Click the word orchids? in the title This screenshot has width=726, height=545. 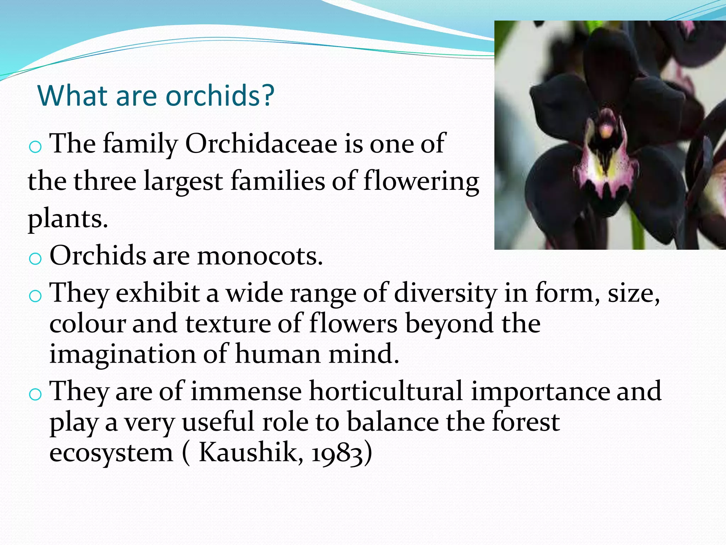click(220, 96)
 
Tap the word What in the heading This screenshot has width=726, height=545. click(73, 95)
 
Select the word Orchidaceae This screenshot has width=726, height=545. click(261, 144)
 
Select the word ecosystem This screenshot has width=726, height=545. click(111, 453)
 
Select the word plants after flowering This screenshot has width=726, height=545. click(67, 219)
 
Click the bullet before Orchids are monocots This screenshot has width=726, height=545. click(35, 259)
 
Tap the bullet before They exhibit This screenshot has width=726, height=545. click(35, 296)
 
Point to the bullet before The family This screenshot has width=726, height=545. click(35, 147)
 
